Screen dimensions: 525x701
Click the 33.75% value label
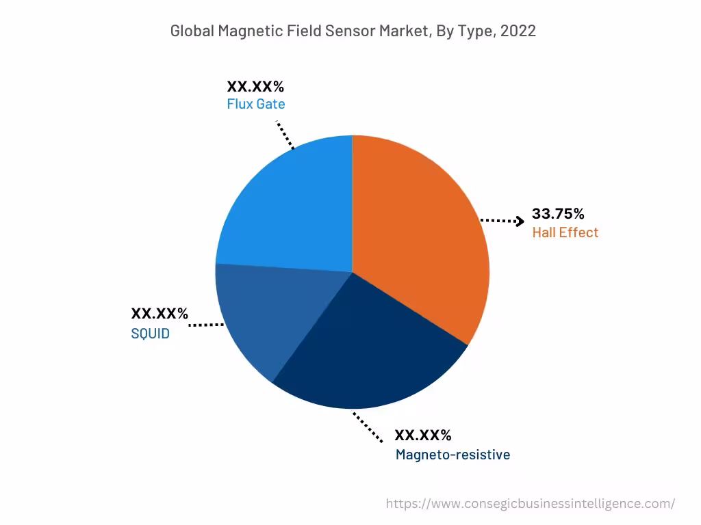(x=558, y=213)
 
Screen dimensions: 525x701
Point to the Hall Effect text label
(x=565, y=232)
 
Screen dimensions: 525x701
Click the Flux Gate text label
(x=255, y=105)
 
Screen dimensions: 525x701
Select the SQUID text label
(x=150, y=334)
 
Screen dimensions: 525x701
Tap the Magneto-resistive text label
(x=453, y=455)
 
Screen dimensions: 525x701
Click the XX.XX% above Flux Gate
(x=255, y=87)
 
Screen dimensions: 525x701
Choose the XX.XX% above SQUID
(x=160, y=314)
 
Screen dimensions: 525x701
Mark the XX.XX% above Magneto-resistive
(x=423, y=435)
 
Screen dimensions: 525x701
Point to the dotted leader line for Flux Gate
(x=285, y=135)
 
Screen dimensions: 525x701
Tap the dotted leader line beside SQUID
(x=206, y=325)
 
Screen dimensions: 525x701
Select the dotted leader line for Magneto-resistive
(x=368, y=427)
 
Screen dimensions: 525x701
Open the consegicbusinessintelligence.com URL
(x=530, y=504)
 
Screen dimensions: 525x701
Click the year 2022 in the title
(x=518, y=31)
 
